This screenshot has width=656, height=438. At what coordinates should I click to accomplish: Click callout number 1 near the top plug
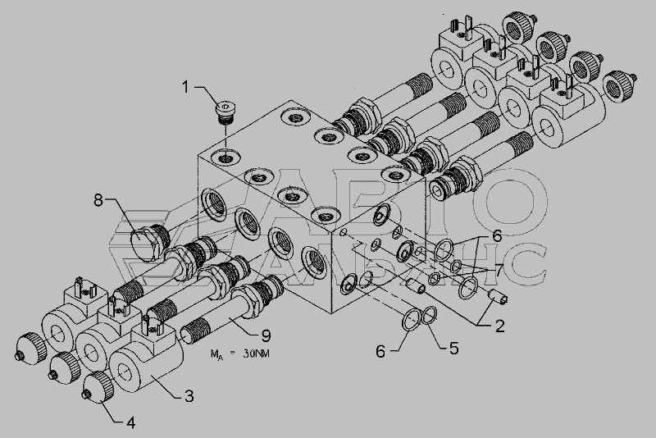[x=185, y=88]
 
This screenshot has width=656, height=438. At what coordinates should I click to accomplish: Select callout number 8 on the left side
[x=98, y=200]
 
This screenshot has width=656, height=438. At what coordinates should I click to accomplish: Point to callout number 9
[x=266, y=335]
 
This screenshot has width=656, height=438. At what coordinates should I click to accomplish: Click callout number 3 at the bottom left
[x=189, y=395]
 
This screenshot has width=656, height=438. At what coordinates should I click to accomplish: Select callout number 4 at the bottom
[x=130, y=422]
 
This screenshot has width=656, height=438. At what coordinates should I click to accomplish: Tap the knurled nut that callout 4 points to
[x=98, y=387]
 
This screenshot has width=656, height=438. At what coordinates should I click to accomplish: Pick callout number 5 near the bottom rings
[x=454, y=348]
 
